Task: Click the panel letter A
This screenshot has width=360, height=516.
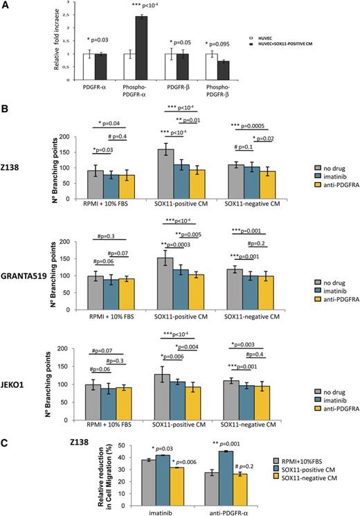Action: click(x=6, y=6)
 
